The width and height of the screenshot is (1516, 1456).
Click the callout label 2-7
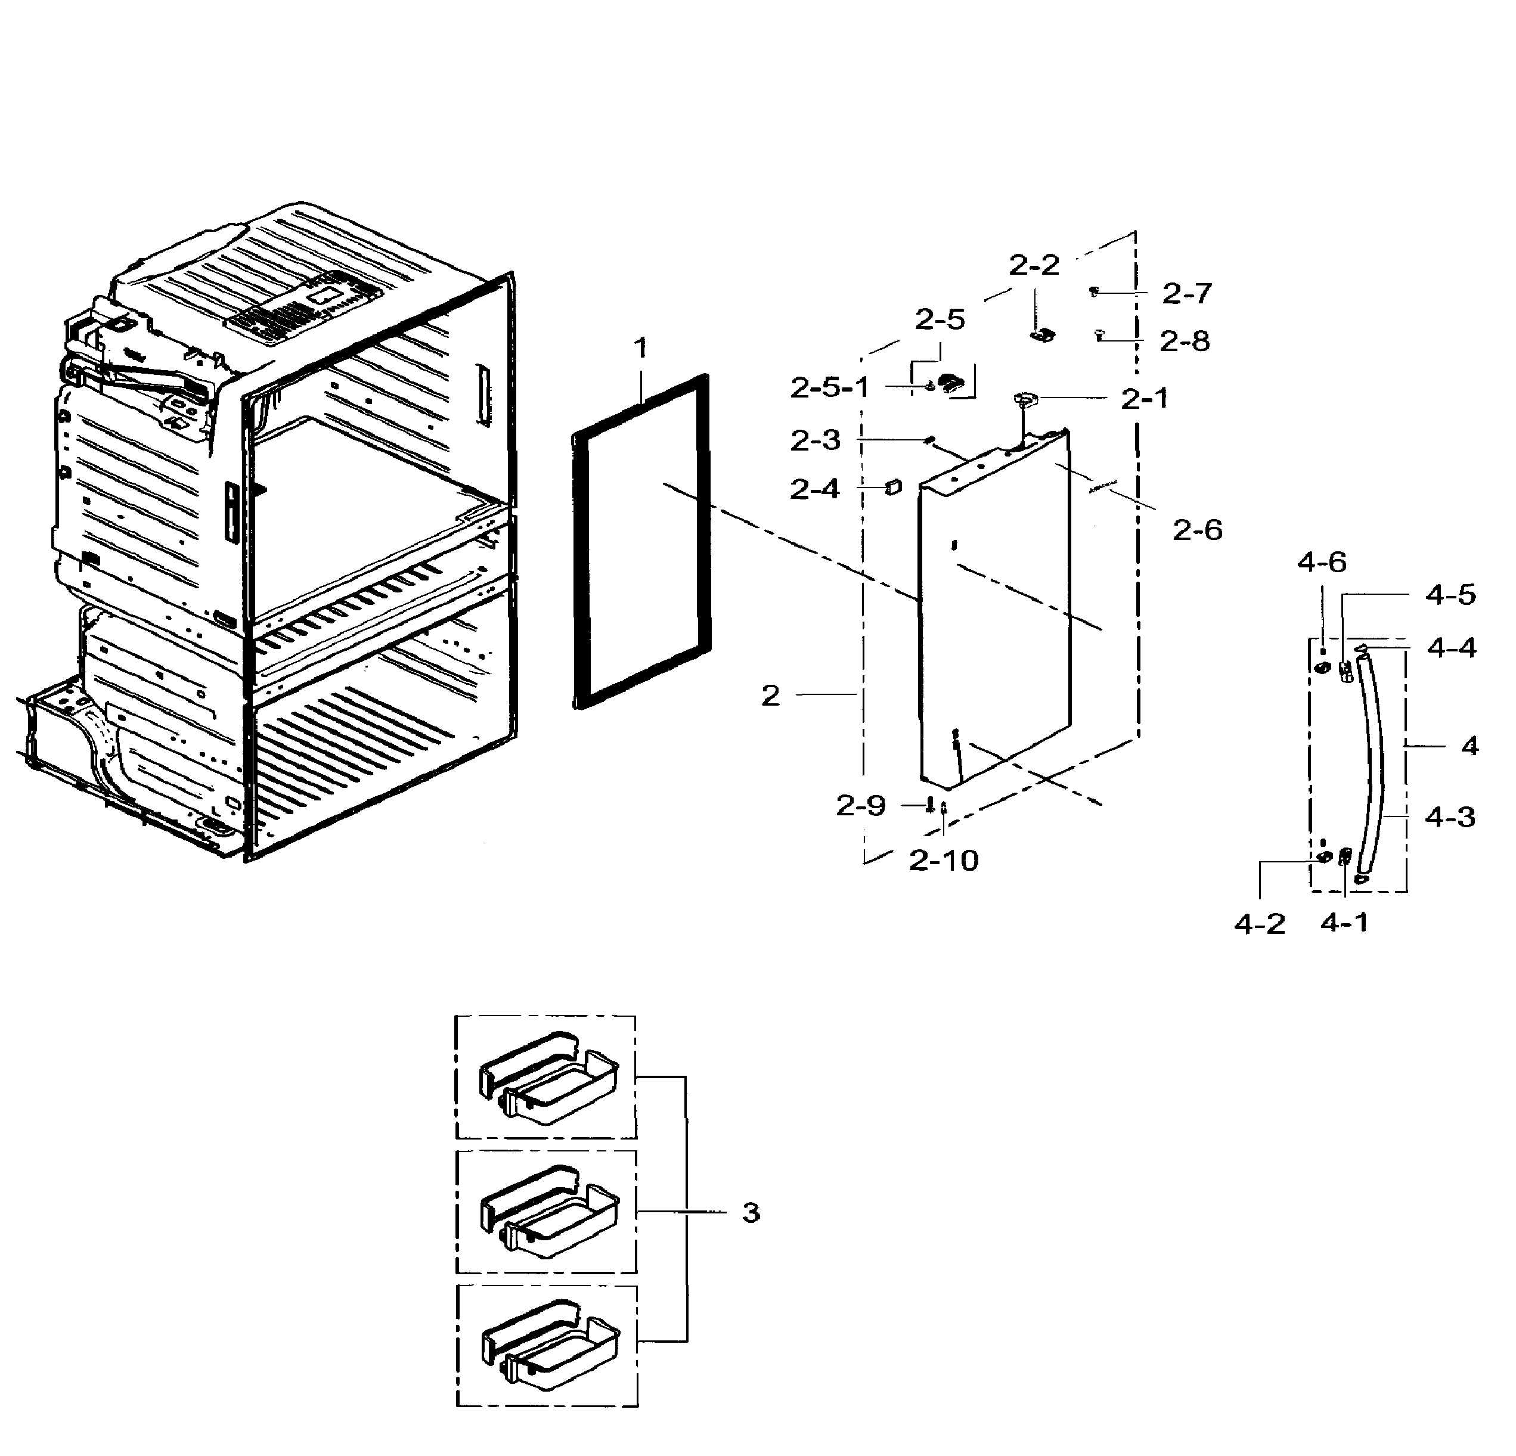click(1186, 294)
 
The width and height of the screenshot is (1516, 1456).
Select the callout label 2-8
click(1184, 341)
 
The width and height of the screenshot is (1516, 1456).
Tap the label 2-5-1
click(830, 387)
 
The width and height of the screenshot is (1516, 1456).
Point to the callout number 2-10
click(943, 861)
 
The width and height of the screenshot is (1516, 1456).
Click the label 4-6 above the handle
click(1321, 562)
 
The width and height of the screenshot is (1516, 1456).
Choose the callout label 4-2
click(1259, 923)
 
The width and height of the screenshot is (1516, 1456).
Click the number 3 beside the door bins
click(751, 1212)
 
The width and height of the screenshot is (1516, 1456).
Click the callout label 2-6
click(1196, 530)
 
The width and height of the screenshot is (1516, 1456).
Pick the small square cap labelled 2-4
click(894, 486)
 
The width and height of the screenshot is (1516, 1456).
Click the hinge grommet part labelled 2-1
click(1025, 399)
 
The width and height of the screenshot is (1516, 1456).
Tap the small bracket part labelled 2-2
click(1043, 336)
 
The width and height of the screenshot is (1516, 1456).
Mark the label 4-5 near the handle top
click(1450, 595)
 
